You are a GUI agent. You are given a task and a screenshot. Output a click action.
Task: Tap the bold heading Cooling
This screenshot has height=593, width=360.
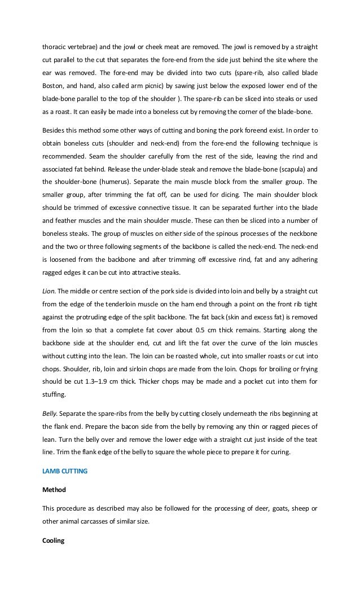tap(54, 541)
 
